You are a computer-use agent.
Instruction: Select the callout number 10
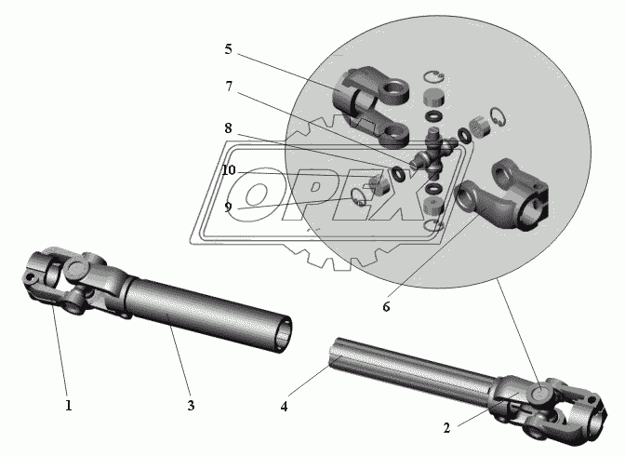click(229, 170)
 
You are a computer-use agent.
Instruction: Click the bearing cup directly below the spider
click(430, 203)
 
